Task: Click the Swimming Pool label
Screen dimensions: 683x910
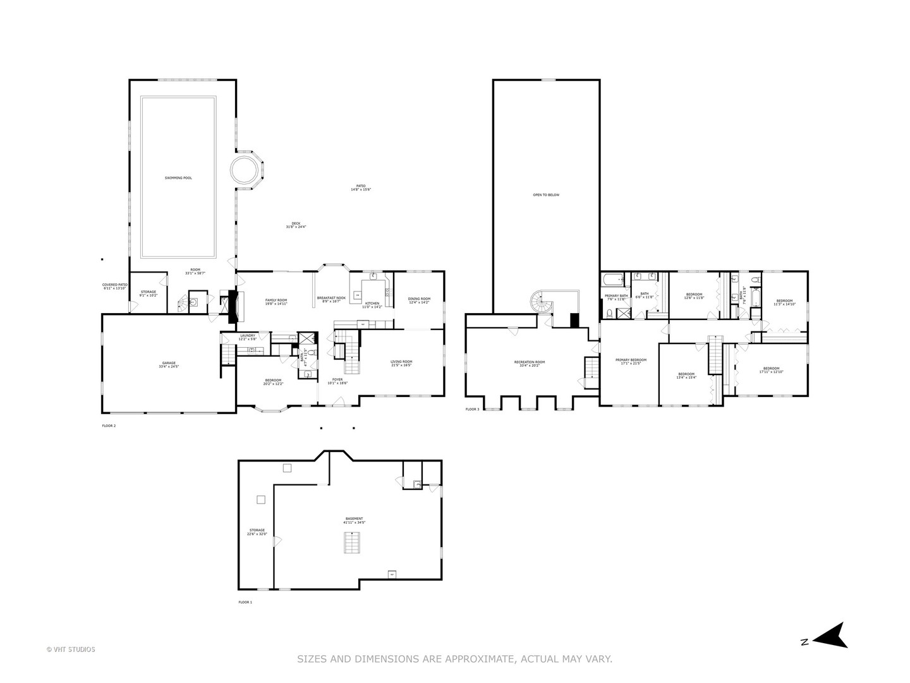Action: [178, 178]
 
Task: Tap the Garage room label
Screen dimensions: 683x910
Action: [167, 365]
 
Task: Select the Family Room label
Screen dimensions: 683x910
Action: [276, 302]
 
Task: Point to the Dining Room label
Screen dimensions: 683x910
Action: [419, 300]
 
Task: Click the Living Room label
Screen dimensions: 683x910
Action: [401, 363]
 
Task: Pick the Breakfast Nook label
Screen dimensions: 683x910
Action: [331, 299]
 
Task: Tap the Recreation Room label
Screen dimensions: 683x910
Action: [530, 364]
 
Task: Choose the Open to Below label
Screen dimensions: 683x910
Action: [546, 195]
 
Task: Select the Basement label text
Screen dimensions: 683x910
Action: [354, 520]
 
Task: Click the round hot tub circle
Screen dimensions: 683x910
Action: [244, 169]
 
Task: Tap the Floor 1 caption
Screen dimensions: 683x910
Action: [245, 602]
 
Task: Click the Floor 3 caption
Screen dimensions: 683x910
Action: [473, 410]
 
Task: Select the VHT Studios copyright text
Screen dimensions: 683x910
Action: [71, 649]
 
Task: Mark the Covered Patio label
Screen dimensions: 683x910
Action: [115, 286]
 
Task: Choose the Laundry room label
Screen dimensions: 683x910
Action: [247, 337]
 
